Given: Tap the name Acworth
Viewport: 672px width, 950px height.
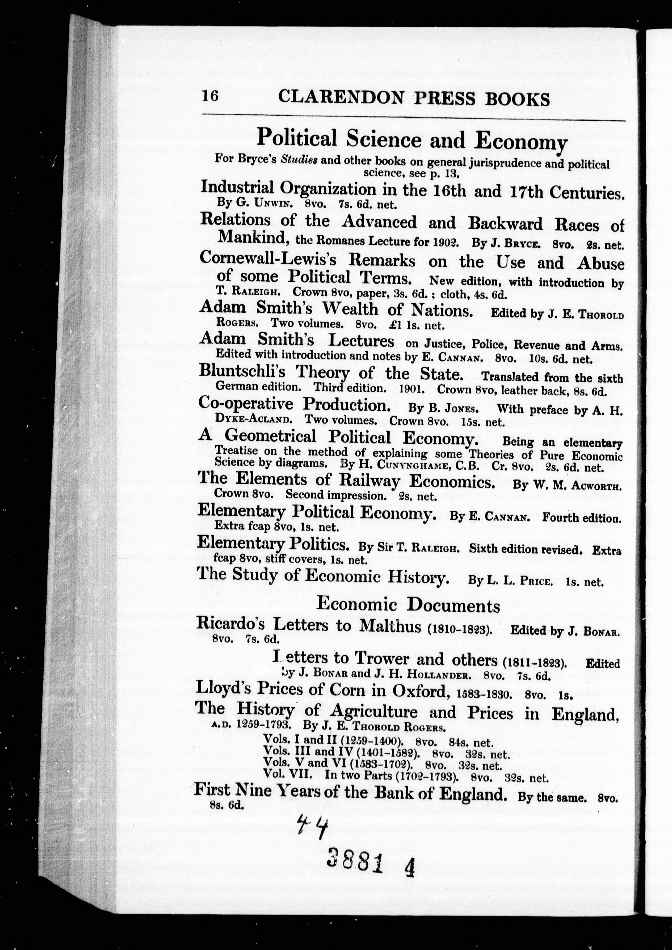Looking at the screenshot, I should [x=596, y=487].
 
